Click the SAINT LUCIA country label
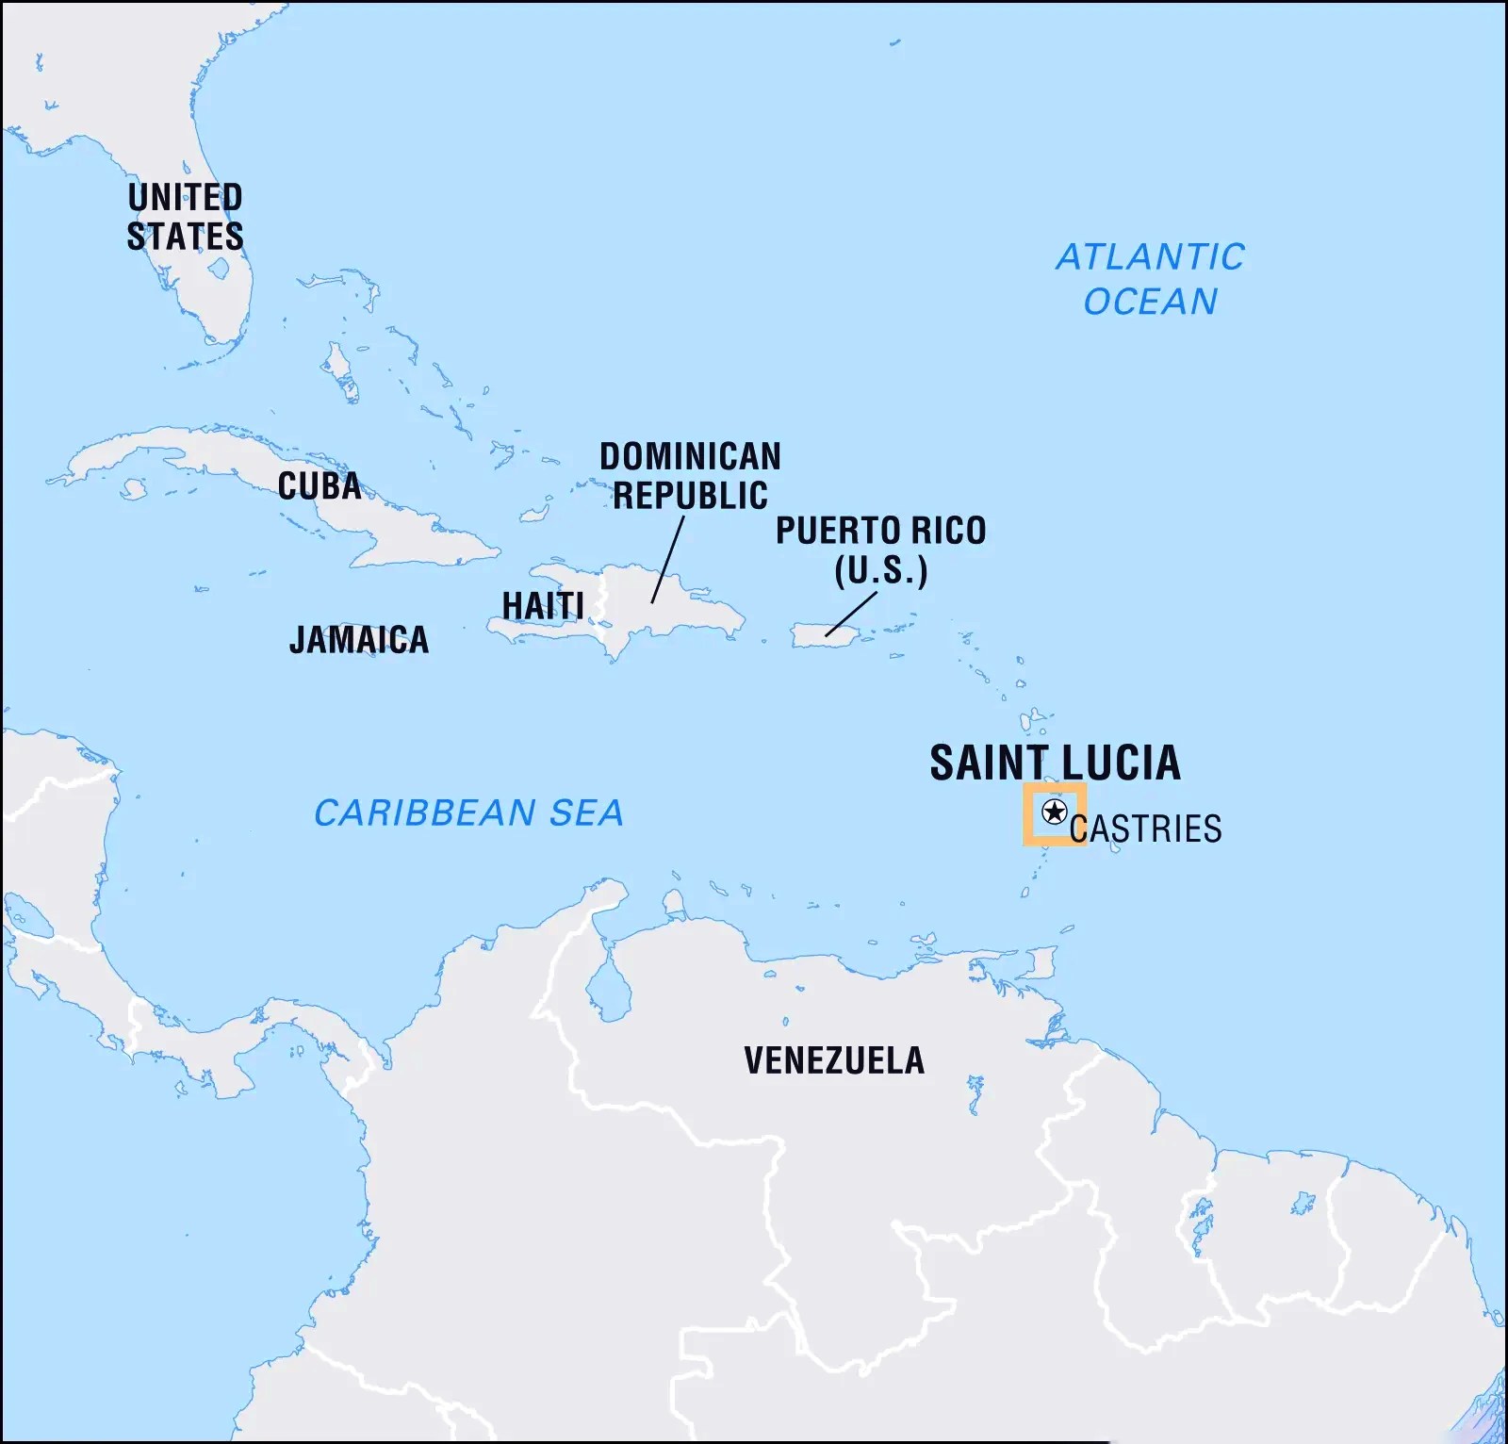[1055, 763]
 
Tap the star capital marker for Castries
[1054, 812]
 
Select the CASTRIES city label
[1146, 829]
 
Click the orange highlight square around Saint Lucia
[1027, 814]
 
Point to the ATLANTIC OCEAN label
[1150, 279]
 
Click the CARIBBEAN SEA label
[468, 812]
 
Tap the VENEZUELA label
[834, 1060]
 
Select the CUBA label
[319, 486]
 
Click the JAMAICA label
[359, 640]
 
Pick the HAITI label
[543, 605]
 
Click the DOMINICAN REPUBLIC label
[690, 476]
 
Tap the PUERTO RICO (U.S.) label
[880, 550]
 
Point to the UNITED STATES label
[186, 217]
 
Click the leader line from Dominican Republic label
[667, 560]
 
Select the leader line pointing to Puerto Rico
[850, 615]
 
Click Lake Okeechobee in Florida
[219, 269]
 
